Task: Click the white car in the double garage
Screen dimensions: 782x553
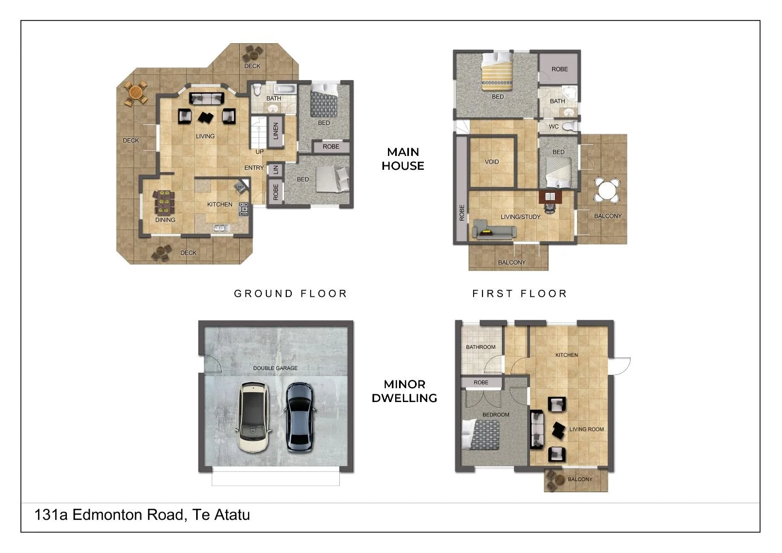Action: (254, 418)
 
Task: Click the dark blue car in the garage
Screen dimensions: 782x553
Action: (300, 418)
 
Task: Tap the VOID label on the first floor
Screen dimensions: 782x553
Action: (491, 161)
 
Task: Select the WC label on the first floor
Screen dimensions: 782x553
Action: (554, 127)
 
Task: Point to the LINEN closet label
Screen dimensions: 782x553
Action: (275, 131)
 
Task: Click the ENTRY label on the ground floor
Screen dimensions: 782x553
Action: (254, 168)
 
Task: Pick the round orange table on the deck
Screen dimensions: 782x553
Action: (135, 92)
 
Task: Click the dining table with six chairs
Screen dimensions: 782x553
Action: (164, 202)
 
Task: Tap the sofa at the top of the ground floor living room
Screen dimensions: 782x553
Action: (206, 98)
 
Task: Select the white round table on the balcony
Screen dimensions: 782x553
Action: (606, 190)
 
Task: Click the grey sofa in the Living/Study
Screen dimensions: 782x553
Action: (494, 229)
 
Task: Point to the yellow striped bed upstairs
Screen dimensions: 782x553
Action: (497, 72)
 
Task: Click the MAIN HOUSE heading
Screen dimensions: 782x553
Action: (403, 159)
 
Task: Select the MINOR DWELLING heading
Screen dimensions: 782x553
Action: (405, 392)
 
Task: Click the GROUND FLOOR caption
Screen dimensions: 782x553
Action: (291, 294)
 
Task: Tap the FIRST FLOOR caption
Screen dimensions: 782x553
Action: (519, 294)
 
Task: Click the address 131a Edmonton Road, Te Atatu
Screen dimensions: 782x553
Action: (142, 515)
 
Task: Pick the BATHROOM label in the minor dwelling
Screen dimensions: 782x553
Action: (480, 347)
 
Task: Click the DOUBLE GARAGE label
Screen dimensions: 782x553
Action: (275, 368)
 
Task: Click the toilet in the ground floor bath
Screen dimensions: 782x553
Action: (257, 89)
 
